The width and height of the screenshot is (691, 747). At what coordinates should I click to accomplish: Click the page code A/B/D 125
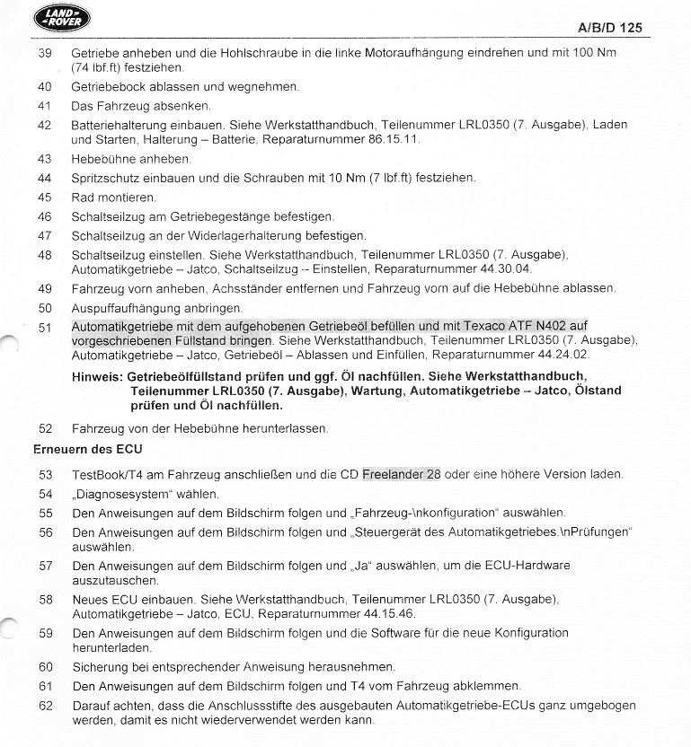(x=615, y=28)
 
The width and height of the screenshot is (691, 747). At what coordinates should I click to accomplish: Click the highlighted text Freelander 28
(x=402, y=474)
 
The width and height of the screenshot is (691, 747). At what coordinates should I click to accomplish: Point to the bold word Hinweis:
(x=98, y=376)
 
